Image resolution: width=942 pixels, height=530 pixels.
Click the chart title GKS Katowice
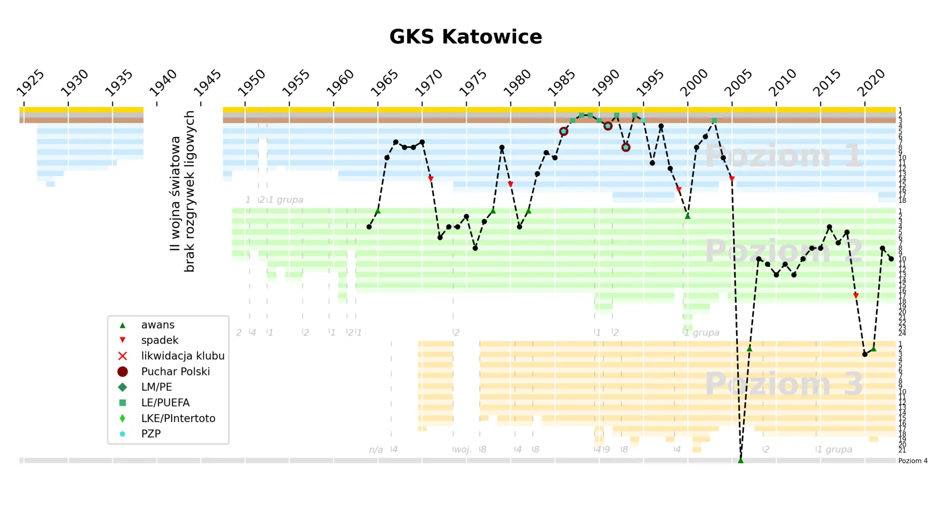(465, 37)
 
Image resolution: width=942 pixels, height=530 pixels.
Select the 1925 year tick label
(30, 83)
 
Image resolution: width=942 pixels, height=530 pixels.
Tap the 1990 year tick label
(606, 83)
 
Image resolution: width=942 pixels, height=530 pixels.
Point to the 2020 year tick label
(871, 83)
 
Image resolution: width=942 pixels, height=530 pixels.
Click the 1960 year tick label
(340, 83)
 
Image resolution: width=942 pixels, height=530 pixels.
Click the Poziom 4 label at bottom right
(913, 461)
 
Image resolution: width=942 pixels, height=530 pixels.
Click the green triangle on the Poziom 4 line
(741, 460)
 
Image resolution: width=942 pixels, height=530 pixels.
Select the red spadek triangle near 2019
(856, 296)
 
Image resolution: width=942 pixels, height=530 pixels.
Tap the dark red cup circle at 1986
(564, 132)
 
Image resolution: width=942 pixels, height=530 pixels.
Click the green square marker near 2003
(714, 121)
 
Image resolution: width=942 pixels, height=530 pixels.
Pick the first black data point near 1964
(369, 227)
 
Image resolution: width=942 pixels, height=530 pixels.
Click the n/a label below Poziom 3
(376, 450)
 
